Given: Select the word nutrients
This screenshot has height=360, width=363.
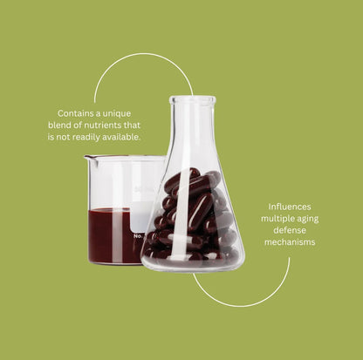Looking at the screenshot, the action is (102, 126).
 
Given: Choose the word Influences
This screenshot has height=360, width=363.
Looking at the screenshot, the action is (290, 207).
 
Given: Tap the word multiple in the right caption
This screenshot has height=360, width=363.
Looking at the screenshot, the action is (277, 219).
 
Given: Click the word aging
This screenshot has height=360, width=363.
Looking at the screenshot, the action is (308, 220).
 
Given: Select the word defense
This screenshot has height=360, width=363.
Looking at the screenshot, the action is (290, 230).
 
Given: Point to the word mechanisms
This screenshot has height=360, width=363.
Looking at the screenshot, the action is (290, 242).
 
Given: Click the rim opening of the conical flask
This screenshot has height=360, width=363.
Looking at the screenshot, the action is (193, 100).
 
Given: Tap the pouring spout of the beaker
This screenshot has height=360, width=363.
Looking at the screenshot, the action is (87, 158).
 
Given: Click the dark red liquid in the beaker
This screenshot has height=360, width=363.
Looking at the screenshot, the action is (111, 235).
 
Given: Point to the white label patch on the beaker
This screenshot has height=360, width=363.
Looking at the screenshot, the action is (142, 215).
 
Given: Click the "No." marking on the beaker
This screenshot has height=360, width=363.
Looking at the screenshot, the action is (138, 236).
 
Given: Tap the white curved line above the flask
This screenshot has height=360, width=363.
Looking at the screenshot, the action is (142, 59).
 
